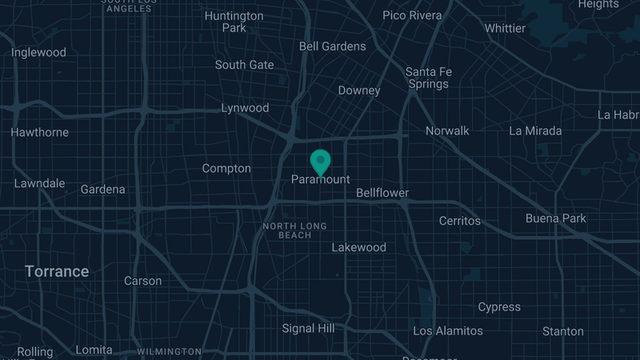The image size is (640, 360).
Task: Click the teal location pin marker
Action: pyautogui.click(x=321, y=161)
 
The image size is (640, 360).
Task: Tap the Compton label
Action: pyautogui.click(x=226, y=169)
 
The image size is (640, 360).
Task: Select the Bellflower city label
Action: pyautogui.click(x=382, y=193)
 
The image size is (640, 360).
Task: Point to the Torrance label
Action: pyautogui.click(x=57, y=272)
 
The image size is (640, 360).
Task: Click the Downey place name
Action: pyautogui.click(x=359, y=90)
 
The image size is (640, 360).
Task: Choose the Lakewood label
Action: pyautogui.click(x=359, y=247)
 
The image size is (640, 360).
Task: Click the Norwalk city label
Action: pyautogui.click(x=447, y=130)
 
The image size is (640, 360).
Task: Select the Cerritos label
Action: pyautogui.click(x=460, y=220)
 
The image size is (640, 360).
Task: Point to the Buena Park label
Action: pyautogui.click(x=556, y=218)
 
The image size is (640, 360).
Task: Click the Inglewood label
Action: pyautogui.click(x=38, y=53)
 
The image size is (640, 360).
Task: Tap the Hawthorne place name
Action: pyautogui.click(x=40, y=132)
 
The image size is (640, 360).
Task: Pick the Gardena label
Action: pyautogui.click(x=103, y=190)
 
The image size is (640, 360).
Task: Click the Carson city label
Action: pyautogui.click(x=143, y=281)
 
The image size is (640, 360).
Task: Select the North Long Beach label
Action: pyautogui.click(x=295, y=230)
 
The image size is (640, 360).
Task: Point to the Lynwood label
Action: pyautogui.click(x=245, y=108)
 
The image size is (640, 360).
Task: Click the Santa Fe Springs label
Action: pyautogui.click(x=429, y=78)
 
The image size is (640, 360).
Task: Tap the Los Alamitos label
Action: pyautogui.click(x=448, y=330)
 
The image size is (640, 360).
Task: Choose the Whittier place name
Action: pyautogui.click(x=506, y=29)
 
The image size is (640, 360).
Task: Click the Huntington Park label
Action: pyautogui.click(x=234, y=22)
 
